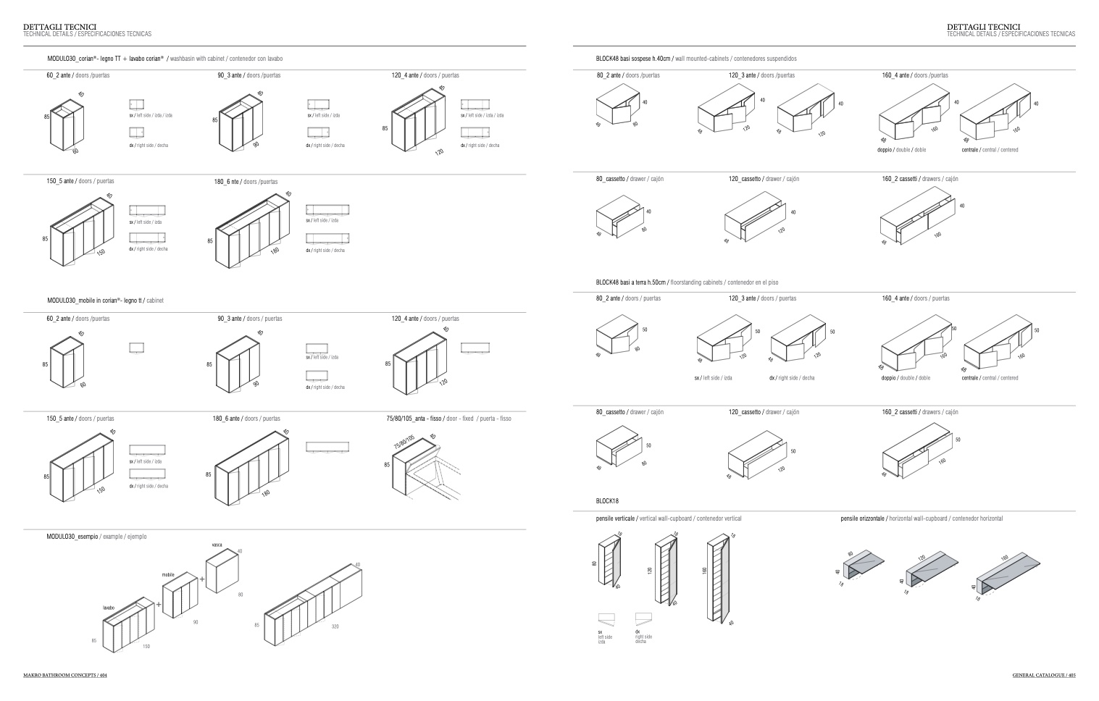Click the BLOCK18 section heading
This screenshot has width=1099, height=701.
point(607,500)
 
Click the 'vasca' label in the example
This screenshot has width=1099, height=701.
point(217,545)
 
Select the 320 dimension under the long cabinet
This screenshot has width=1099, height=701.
point(335,626)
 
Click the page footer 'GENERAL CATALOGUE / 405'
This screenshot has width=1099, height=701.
point(1043,676)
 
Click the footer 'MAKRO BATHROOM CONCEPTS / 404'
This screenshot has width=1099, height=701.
point(65,676)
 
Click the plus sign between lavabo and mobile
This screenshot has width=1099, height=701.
point(159,604)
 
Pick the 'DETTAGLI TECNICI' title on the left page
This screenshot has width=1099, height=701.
point(59,27)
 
